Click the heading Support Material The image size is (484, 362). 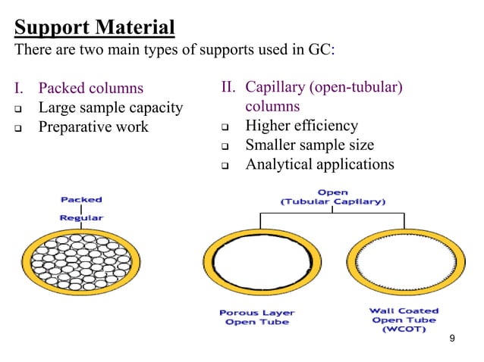95,29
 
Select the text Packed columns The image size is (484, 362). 91,89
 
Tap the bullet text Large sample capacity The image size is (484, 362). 111,108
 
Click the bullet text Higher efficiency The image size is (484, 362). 301,126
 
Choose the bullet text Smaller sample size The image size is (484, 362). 309,145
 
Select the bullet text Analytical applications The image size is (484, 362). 319,164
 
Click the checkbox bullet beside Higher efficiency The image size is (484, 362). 225,126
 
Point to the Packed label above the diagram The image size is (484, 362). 81,200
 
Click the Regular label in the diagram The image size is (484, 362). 81,218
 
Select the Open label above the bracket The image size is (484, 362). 332,192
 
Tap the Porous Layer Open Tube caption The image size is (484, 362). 257,317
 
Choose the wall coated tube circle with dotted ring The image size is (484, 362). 402,266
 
